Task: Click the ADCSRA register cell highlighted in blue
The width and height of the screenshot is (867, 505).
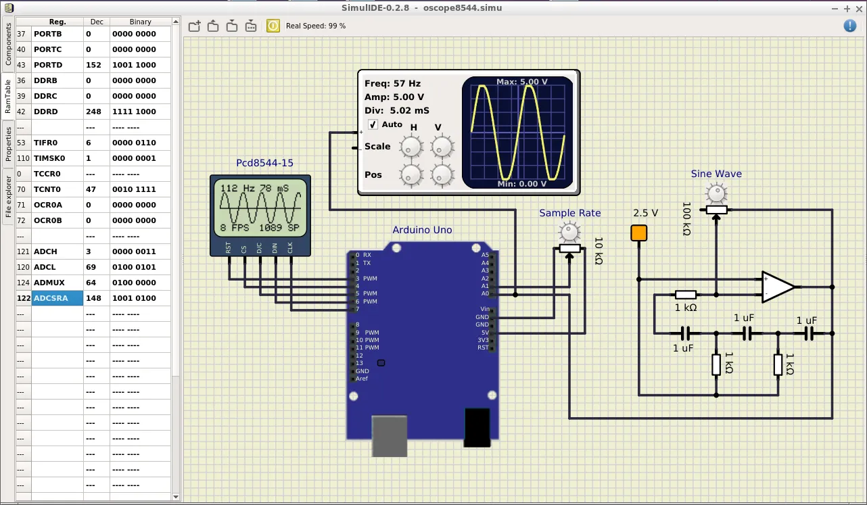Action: click(57, 298)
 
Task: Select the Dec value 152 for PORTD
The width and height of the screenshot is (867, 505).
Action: click(93, 65)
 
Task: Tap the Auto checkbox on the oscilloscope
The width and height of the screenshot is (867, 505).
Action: click(373, 124)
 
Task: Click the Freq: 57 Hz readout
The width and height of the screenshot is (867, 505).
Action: click(392, 84)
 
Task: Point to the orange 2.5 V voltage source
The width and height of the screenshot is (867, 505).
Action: click(638, 233)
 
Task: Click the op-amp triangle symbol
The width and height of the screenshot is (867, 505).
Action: click(778, 287)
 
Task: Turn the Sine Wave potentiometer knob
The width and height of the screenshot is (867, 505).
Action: click(716, 193)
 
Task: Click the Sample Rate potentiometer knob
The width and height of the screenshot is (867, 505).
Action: click(570, 233)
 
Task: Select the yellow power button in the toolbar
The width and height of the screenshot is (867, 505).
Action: click(273, 26)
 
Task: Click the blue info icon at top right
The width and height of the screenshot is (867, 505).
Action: click(850, 26)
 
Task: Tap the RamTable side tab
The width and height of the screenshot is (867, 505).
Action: click(8, 96)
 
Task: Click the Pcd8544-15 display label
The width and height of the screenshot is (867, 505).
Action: click(264, 163)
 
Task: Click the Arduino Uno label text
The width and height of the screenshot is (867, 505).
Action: click(422, 230)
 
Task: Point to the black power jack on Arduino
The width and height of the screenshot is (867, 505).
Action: click(477, 427)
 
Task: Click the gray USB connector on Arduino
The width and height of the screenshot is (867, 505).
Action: click(390, 435)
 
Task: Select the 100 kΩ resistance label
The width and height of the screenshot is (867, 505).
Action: click(686, 218)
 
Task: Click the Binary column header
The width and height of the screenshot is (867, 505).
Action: click(141, 22)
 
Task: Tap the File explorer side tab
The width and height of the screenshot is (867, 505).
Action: click(8, 197)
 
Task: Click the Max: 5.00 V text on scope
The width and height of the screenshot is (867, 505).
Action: click(521, 82)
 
